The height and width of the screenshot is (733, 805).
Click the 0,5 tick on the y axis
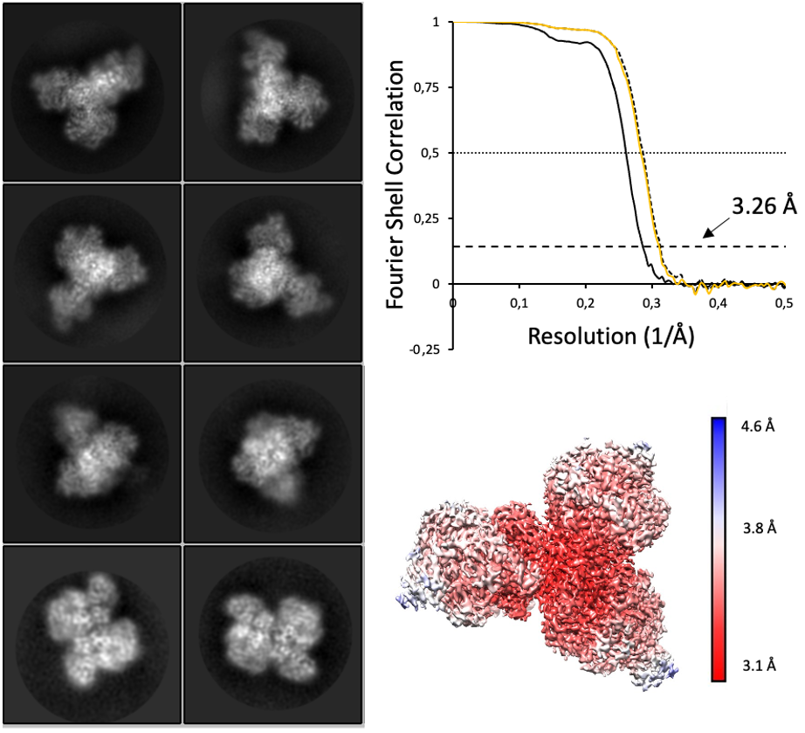(x=437, y=154)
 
